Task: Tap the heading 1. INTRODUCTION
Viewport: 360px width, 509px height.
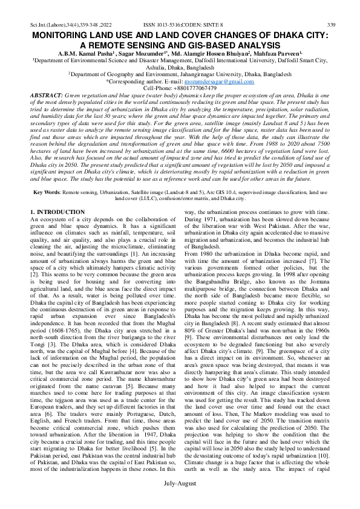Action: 57,212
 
